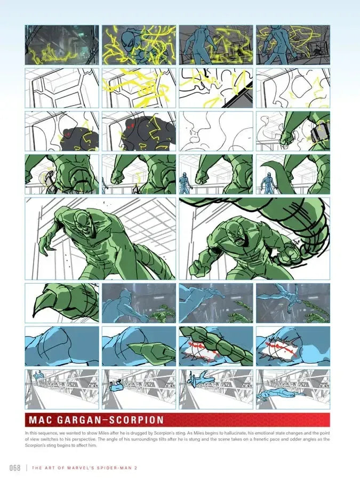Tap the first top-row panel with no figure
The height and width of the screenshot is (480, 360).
click(61, 45)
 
